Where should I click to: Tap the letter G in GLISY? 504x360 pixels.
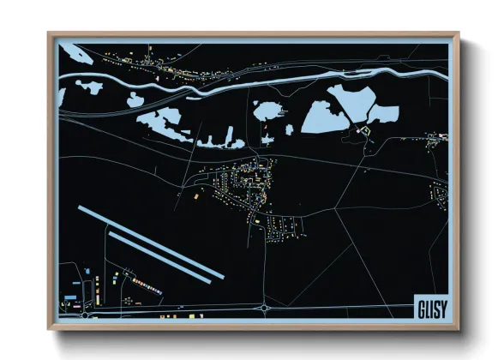pyautogui.click(x=420, y=305)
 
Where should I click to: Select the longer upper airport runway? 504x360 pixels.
pyautogui.click(x=150, y=242)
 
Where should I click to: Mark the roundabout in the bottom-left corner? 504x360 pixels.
pyautogui.click(x=86, y=314)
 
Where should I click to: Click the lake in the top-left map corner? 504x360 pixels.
pyautogui.click(x=75, y=54)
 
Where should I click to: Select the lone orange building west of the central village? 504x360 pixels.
pyautogui.click(x=194, y=197)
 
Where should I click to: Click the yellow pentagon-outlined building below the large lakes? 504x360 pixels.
pyautogui.click(x=363, y=131)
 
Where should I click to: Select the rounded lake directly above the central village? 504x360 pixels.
pyautogui.click(x=266, y=110)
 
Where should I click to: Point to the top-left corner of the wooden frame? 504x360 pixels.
pyautogui.click(x=50, y=34)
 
